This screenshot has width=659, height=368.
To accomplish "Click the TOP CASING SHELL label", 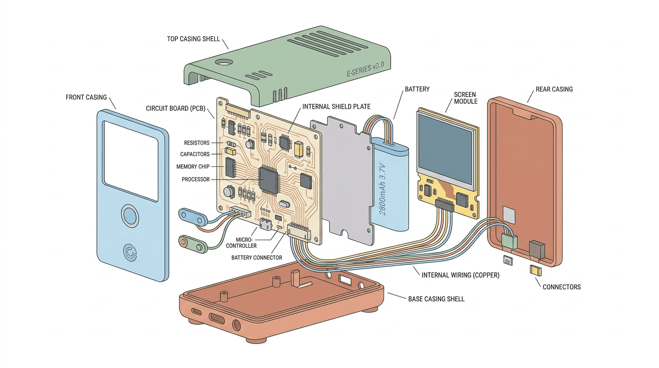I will (193, 39).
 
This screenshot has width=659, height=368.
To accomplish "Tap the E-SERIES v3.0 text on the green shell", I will (365, 70).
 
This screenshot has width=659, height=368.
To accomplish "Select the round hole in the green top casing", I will (222, 62).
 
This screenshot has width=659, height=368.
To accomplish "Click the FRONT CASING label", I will (86, 97).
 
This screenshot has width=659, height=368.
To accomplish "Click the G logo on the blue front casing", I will (130, 252).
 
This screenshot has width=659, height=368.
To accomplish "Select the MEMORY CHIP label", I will (193, 167).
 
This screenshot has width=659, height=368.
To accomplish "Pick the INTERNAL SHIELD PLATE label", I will (336, 106).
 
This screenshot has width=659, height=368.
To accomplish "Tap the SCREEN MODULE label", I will (466, 98).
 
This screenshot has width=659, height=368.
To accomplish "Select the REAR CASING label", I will (554, 89).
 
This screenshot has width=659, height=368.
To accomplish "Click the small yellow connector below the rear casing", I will (536, 270).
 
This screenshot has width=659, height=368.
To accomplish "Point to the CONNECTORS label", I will (561, 287).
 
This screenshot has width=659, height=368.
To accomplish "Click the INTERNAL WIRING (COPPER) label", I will (460, 275).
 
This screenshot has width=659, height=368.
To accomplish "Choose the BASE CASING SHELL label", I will (436, 299).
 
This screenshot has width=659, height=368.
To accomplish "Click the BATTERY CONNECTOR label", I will (256, 258).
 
